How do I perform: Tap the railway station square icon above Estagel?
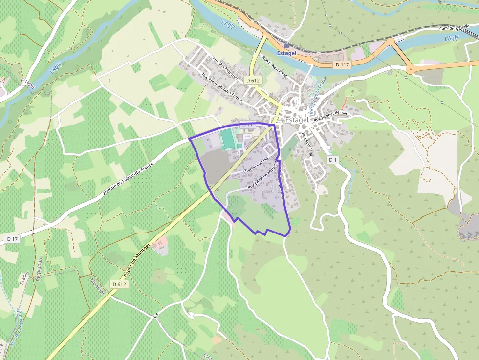(x=286, y=46)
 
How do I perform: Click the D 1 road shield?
(x=332, y=160)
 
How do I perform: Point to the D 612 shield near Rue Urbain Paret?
(x=252, y=80)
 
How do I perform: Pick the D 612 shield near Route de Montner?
(x=119, y=284)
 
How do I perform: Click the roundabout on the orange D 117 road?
(x=410, y=69)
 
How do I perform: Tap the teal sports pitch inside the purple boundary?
(x=227, y=139)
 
